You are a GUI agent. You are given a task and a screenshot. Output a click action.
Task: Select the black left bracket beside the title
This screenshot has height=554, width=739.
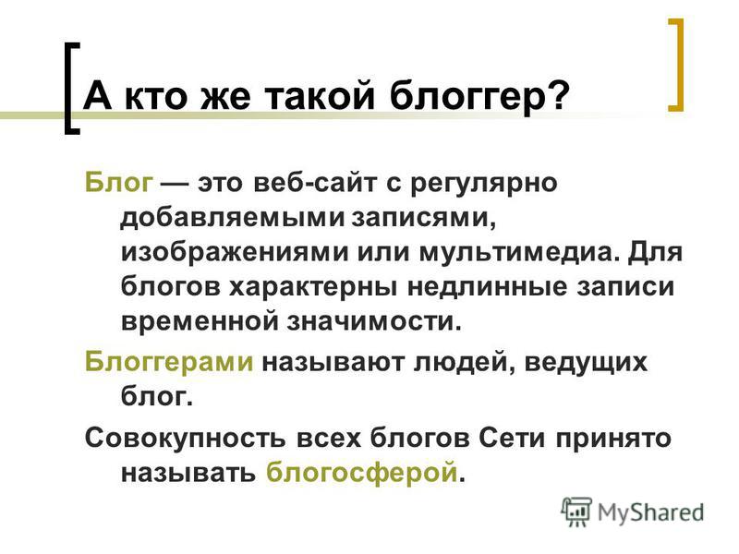(x=72, y=88)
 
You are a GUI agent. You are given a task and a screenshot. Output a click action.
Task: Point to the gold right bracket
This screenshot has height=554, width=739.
(x=676, y=65)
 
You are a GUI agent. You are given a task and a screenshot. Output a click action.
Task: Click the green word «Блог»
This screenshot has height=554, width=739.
(x=119, y=182)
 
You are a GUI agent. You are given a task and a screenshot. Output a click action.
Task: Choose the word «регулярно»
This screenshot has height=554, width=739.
(x=483, y=184)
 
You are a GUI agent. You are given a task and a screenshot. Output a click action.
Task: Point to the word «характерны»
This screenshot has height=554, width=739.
(x=313, y=288)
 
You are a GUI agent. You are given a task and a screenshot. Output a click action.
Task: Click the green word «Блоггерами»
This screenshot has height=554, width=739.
(x=169, y=362)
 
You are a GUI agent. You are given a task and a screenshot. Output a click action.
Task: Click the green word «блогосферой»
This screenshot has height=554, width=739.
(x=362, y=474)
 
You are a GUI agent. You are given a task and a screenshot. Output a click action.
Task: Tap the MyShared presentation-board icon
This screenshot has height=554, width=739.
(x=575, y=512)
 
